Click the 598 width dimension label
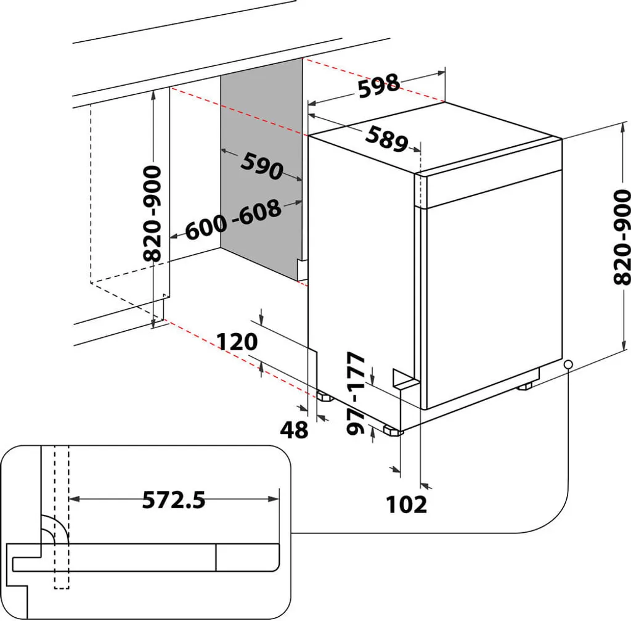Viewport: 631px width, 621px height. coord(379,86)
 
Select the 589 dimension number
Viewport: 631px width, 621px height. coord(386,138)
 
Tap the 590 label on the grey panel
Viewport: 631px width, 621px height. coord(261,165)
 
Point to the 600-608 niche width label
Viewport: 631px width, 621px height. coord(233,220)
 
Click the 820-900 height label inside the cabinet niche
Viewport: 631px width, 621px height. coord(152,213)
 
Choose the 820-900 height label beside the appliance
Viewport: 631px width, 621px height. coord(622,237)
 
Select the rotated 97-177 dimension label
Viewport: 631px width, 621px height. coord(356,393)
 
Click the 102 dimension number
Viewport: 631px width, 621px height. coord(406,504)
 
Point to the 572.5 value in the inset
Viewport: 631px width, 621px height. coord(174,500)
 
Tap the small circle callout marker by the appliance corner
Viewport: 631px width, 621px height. coord(568,364)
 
